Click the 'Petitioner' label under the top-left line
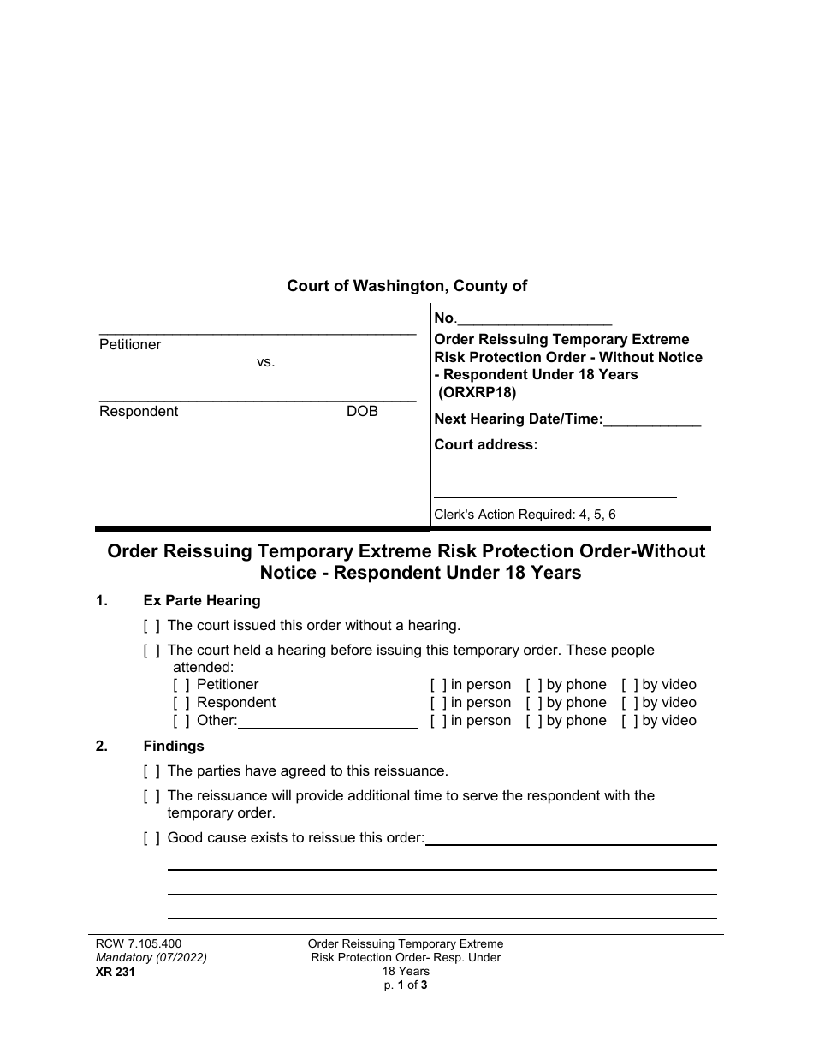[x=130, y=344]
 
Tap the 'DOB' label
[x=362, y=411]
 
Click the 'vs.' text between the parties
[x=265, y=361]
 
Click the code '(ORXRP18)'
[x=478, y=393]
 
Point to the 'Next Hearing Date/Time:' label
[x=519, y=419]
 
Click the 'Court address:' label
[x=486, y=444]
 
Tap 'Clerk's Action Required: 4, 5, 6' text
[x=525, y=515]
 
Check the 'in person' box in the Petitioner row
[x=438, y=685]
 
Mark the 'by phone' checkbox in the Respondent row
[x=534, y=703]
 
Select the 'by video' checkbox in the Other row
[x=630, y=721]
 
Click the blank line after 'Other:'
[x=328, y=722]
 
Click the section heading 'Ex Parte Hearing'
[x=202, y=600]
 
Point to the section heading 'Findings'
[x=174, y=746]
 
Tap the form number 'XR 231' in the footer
[x=116, y=972]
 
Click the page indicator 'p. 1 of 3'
[x=406, y=985]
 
